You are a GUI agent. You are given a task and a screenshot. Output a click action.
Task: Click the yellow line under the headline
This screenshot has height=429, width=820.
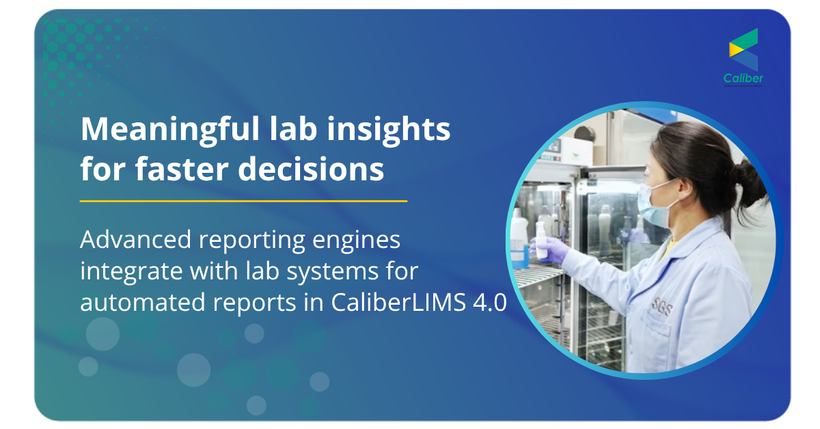(x=243, y=201)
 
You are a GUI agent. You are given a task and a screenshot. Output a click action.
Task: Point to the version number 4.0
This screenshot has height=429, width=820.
(x=489, y=303)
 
